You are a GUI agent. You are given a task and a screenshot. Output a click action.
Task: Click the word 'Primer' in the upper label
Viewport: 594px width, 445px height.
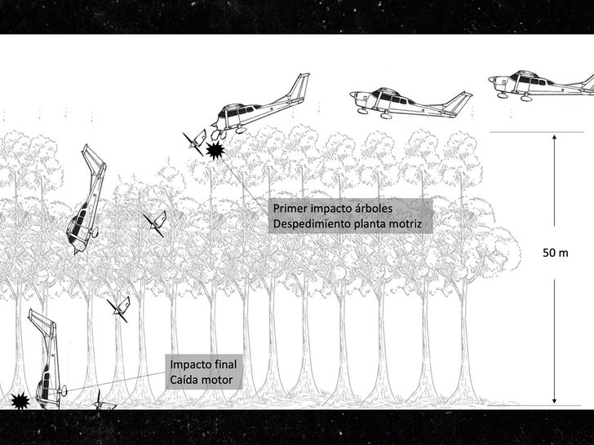(290, 209)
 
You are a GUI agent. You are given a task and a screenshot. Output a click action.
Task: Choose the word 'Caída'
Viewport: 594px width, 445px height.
(185, 380)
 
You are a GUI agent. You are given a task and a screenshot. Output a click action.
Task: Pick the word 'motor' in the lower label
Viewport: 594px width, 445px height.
(218, 380)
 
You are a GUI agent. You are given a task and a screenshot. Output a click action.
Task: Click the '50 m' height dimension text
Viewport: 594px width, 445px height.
(555, 253)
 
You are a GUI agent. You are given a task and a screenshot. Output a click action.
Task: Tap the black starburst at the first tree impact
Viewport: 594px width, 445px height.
(215, 151)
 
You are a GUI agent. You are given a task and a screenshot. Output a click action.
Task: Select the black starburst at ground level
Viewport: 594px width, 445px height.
(19, 400)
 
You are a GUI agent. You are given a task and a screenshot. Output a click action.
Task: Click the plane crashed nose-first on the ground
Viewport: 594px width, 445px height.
(47, 363)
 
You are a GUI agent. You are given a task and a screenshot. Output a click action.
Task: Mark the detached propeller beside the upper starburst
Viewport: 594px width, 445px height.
(194, 141)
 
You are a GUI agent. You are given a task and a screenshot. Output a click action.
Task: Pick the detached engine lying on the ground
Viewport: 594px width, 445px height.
(104, 402)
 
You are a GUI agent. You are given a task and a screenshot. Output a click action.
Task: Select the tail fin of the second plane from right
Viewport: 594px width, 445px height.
(462, 101)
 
